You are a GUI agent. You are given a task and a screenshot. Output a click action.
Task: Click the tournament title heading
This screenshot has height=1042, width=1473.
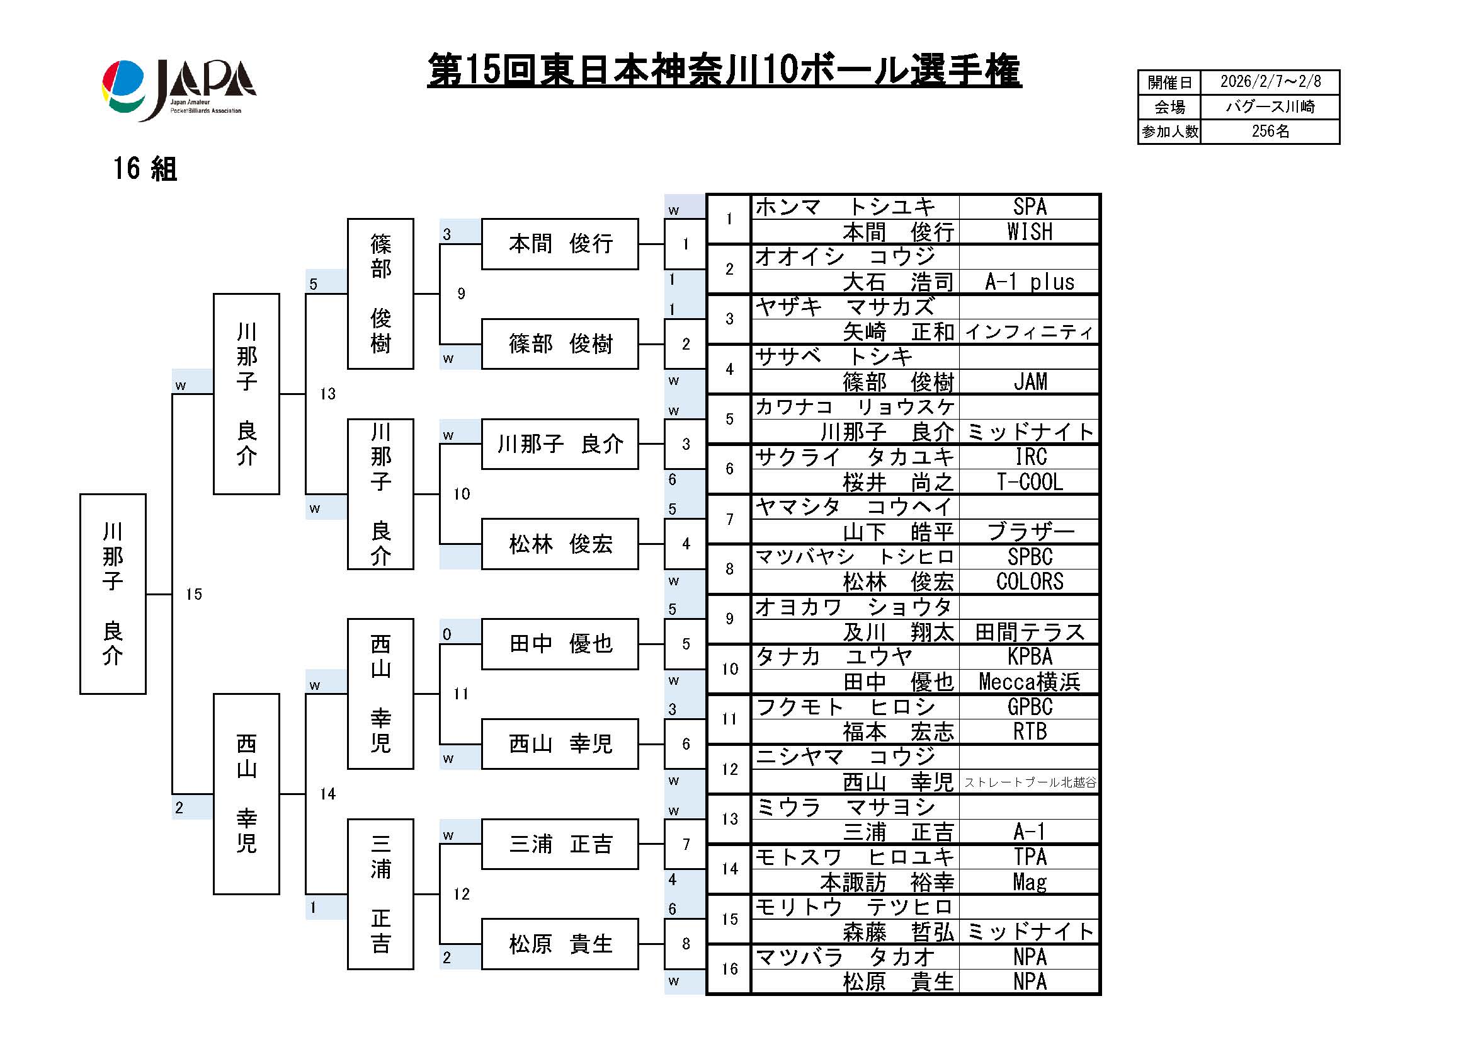[724, 71]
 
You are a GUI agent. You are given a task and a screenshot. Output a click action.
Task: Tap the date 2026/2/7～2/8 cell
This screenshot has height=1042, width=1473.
[1270, 82]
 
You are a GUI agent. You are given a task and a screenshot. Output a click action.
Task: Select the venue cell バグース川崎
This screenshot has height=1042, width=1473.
[1270, 106]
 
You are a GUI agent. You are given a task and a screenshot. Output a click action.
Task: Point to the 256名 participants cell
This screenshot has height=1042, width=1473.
[1270, 132]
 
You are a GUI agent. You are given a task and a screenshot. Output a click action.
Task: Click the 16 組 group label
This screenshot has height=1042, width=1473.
[145, 169]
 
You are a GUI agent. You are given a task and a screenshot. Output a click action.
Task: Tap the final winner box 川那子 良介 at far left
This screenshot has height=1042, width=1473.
[113, 593]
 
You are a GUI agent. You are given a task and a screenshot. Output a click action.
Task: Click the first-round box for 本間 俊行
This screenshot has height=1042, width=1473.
[559, 244]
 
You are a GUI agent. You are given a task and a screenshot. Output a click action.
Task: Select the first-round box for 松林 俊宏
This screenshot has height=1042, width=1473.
[559, 544]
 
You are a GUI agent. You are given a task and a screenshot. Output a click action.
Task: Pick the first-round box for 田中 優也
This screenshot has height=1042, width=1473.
[559, 644]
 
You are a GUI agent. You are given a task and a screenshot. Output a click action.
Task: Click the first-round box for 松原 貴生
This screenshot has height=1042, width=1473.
[559, 944]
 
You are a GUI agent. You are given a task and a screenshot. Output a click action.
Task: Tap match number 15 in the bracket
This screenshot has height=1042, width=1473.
[194, 594]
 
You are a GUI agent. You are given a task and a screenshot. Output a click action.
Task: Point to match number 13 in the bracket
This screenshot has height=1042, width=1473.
[328, 394]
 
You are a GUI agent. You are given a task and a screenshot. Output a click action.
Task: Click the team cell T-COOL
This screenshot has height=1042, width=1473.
[1029, 482]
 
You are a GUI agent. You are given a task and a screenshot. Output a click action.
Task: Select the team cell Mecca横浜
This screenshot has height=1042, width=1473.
[1029, 682]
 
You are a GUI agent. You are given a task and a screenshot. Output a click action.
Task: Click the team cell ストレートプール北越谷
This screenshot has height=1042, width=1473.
[1030, 782]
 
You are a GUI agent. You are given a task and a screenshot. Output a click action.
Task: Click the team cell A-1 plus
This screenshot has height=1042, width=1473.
[1029, 282]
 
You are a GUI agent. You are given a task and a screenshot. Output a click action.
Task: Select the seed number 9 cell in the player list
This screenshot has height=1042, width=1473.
[729, 619]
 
